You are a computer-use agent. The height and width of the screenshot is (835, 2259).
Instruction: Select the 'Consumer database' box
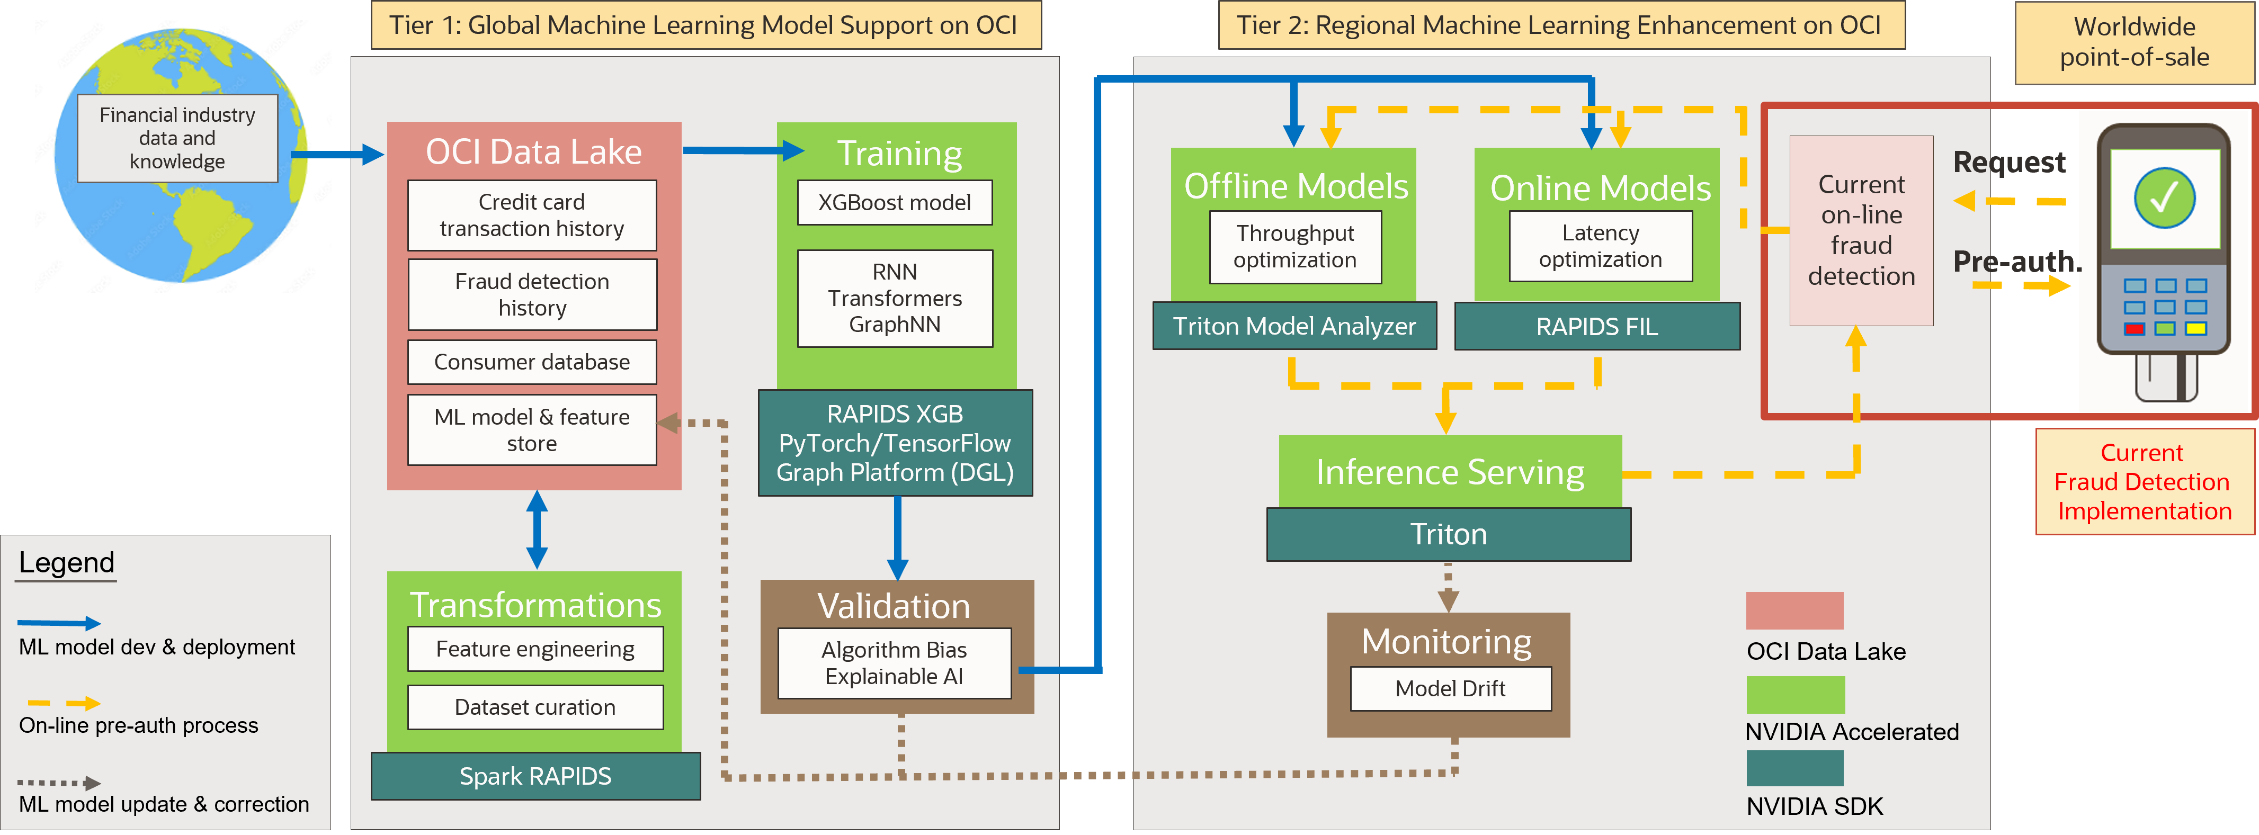(531, 362)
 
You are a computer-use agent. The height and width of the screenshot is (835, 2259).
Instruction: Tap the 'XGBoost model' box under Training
(895, 203)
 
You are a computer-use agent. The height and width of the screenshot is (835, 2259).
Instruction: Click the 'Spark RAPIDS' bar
(535, 776)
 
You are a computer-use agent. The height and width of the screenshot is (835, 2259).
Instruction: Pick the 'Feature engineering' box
(535, 649)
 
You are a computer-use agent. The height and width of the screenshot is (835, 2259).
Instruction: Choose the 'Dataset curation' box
(535, 707)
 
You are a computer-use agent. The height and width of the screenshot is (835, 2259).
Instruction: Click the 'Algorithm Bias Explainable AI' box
(895, 663)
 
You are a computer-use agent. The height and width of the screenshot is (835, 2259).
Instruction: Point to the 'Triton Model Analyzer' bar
(1294, 326)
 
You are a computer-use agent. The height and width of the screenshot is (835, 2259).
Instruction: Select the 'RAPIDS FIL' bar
(1597, 326)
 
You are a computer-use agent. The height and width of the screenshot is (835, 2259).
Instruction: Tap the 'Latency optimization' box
(1601, 246)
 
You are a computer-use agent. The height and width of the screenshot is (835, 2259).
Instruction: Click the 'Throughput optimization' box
(1295, 246)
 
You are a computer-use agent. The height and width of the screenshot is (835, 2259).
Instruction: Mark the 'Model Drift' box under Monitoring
(1450, 688)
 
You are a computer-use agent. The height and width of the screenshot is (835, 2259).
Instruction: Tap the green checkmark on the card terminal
(2164, 197)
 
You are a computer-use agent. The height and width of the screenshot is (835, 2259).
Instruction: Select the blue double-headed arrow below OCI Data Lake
(537, 530)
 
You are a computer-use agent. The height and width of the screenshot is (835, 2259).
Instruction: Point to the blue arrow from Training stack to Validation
(897, 537)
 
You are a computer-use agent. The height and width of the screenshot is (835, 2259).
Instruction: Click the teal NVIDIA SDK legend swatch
(1794, 768)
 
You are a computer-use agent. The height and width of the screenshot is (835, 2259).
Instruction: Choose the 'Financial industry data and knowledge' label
(177, 139)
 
